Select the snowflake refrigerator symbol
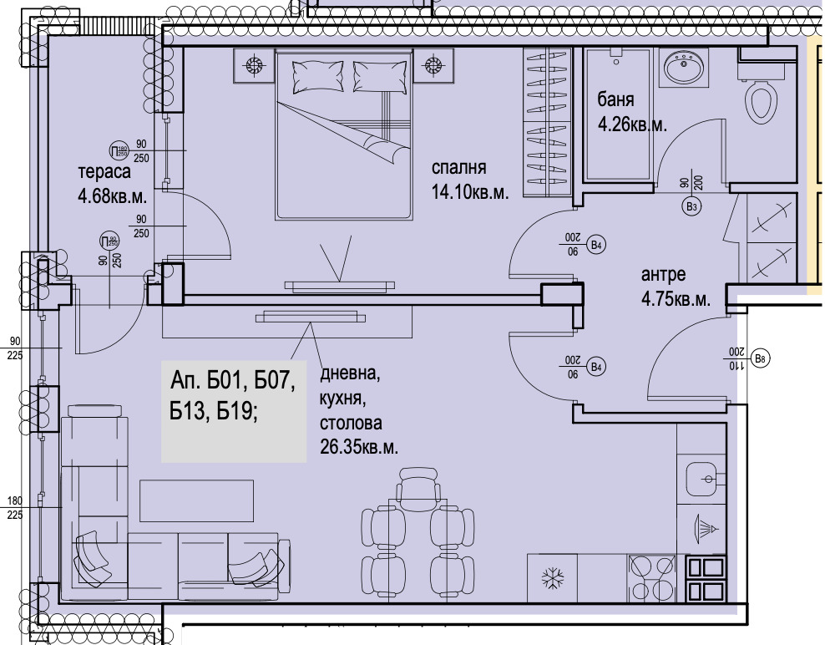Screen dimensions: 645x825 [549, 577]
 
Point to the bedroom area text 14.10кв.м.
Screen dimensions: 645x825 [469, 190]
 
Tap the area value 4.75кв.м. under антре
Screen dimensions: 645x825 [676, 298]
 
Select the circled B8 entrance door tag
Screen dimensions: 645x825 [759, 359]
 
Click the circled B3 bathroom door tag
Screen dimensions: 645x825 [691, 206]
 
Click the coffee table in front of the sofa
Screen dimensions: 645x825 [197, 501]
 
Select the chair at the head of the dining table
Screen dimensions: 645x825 [418, 484]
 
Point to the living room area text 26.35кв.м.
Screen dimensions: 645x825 [358, 447]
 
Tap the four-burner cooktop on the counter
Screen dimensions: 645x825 [652, 577]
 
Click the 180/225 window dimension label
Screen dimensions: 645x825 [14, 507]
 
